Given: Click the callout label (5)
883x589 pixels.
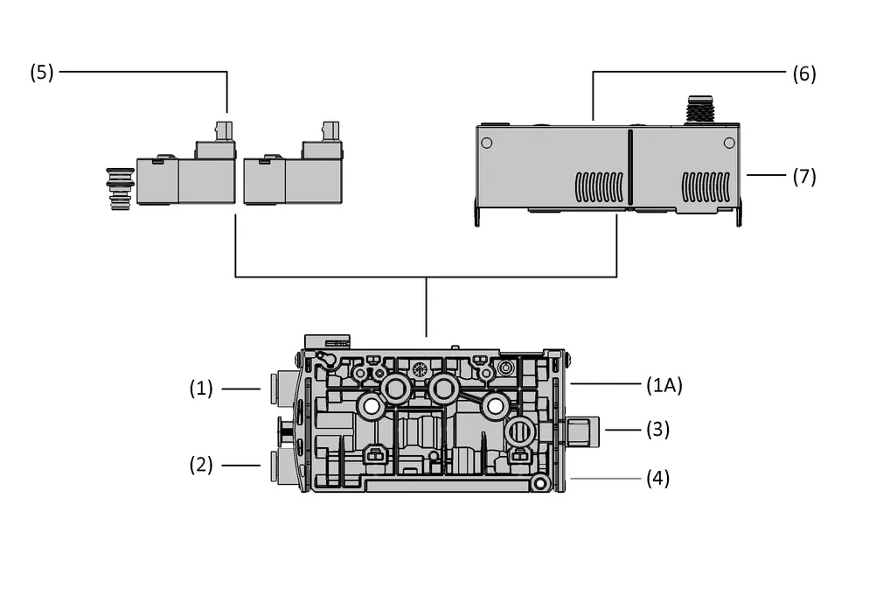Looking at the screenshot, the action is pos(42,72).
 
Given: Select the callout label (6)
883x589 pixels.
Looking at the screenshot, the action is pos(804,74).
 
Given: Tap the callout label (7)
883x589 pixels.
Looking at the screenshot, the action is pos(804,177).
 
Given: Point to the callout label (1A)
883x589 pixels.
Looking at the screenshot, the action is pos(664,386).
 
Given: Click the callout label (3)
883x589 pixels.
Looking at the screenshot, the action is pos(657,430).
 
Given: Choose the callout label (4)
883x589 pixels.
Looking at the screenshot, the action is pos(657,478).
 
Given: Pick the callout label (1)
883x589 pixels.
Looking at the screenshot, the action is pos(201,389).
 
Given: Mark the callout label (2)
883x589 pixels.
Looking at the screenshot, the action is pos(201,465).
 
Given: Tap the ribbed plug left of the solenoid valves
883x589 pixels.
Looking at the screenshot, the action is pos(120,189).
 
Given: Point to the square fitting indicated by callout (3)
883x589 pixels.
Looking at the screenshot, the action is pos(582,431).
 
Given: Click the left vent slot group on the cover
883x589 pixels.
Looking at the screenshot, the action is pos(599,187).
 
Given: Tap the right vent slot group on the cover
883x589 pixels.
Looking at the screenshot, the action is pos(706,187).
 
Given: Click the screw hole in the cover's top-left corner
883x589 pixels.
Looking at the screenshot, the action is pos(487,144).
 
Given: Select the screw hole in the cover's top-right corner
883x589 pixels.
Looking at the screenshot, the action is pos(729,144).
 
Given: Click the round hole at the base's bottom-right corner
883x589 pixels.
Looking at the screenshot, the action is pos(540,484).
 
